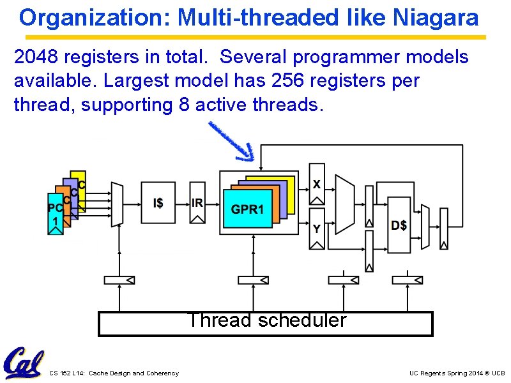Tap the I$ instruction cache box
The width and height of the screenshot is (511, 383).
(158, 203)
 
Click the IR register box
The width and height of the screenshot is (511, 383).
(197, 203)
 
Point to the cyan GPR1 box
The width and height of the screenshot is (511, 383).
(247, 209)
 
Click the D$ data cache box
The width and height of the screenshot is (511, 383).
(399, 225)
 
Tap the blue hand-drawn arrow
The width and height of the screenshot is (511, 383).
(232, 141)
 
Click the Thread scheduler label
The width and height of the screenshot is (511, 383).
(266, 320)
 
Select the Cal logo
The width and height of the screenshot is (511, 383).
(24, 363)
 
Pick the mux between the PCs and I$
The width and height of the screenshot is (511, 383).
(116, 203)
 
